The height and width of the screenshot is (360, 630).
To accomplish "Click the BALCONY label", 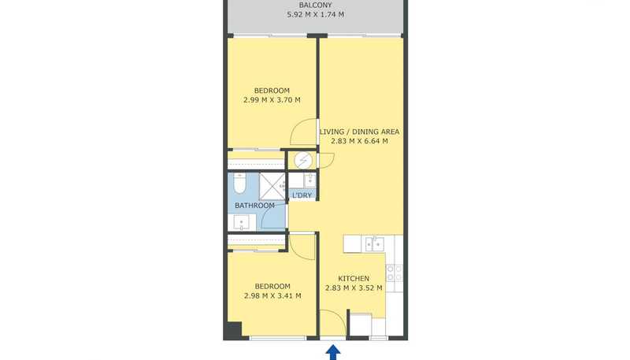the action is coord(316,6).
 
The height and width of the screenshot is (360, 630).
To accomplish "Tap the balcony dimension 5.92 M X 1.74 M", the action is coord(316,14).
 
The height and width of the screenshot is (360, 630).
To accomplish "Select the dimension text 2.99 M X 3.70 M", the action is coord(272,99).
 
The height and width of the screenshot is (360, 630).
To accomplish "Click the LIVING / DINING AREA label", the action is coord(360,132).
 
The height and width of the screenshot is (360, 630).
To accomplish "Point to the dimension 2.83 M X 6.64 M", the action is coord(360,141).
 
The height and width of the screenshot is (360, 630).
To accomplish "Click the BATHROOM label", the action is coord(254,206).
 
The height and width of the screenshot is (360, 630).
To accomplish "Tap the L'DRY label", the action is coord(302,195).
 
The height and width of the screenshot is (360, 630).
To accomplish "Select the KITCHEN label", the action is coord(354,278).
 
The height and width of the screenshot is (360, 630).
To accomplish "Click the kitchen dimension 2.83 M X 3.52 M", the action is coord(354,288).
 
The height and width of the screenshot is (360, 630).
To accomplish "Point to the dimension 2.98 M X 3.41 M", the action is coord(272,295).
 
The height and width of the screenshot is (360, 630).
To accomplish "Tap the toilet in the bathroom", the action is coord(240,184).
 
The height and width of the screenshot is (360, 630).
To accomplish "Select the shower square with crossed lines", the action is coord(272,187).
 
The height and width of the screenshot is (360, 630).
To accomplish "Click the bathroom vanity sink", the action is coord(242,222).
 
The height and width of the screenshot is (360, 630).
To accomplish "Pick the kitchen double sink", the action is coord(375,244).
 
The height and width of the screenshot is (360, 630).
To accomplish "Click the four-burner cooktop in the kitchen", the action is coord(394,273).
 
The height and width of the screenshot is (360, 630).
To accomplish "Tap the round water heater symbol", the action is coord(303,161).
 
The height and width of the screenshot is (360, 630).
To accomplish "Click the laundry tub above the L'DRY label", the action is coord(309,180).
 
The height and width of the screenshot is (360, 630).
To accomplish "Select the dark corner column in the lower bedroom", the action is coord(233,330).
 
